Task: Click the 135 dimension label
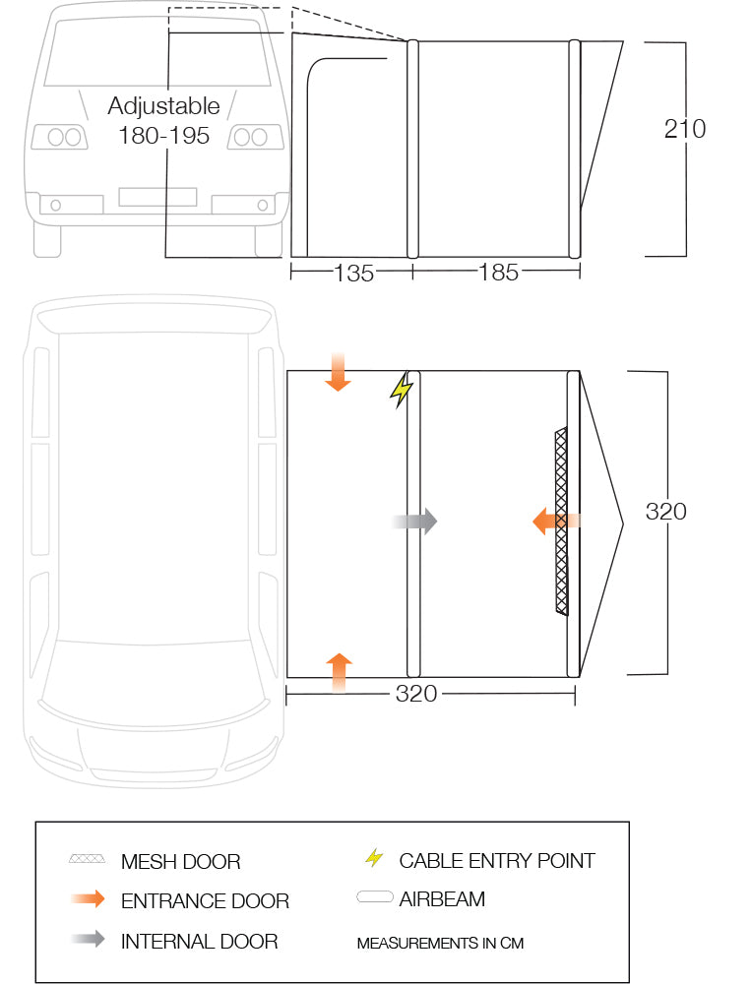353,273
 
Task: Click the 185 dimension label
499,273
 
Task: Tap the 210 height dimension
685,129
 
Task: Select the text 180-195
164,136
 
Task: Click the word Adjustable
164,106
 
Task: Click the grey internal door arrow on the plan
414,521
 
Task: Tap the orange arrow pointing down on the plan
338,372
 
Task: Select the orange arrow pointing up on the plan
339,672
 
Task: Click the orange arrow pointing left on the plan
556,521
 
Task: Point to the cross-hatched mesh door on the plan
561,521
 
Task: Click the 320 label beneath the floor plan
416,694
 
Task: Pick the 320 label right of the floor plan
665,512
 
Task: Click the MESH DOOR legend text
181,862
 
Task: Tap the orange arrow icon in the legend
88,899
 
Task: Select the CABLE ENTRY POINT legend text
497,860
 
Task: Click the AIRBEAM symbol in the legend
375,896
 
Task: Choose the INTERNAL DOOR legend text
199,942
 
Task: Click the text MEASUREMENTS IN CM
440,944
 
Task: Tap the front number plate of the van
157,197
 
